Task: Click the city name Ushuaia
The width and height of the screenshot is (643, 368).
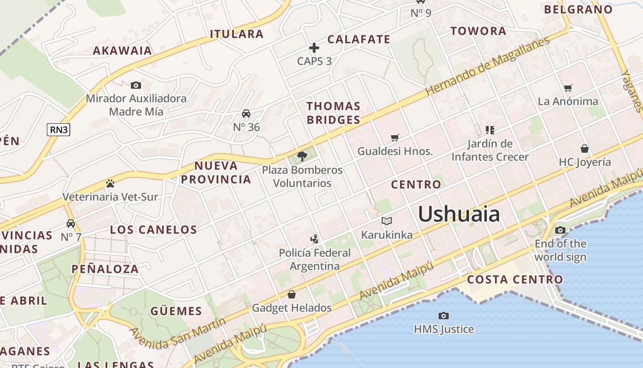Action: coord(458,214)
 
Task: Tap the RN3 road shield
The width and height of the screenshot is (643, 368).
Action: coord(59,130)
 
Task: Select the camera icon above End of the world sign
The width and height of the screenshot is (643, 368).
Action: coord(560,230)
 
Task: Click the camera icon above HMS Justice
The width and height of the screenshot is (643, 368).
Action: coord(443,316)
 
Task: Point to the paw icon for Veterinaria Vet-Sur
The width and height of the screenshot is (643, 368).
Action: coord(110,184)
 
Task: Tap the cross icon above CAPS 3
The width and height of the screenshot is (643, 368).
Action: coord(314,48)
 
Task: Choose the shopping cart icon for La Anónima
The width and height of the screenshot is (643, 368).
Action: coord(568,88)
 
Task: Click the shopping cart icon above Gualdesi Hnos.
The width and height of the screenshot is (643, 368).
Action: coord(395,138)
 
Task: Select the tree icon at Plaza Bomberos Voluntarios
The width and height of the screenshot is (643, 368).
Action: coord(302,156)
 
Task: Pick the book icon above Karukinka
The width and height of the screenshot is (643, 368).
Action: coord(387,221)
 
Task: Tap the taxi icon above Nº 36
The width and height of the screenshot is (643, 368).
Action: coord(246,114)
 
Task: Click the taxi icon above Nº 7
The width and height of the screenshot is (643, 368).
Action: coord(71,224)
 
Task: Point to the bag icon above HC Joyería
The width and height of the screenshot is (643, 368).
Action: coord(585,149)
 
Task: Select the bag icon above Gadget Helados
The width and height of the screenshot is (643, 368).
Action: coord(292,294)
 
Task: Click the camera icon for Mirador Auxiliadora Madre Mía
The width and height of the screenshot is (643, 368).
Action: coord(135,85)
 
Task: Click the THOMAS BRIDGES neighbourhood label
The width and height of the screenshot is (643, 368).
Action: coord(333,113)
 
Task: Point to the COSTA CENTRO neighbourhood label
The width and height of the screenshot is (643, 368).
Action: coord(515,279)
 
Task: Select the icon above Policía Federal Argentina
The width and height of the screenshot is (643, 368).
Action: coord(315,239)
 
